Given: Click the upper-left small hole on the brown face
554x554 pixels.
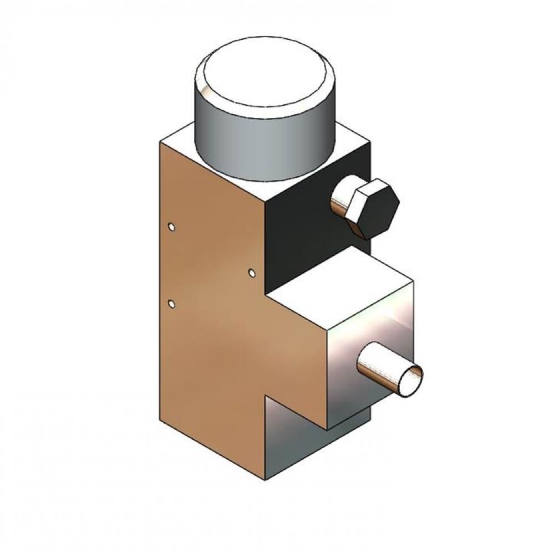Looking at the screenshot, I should [172, 227].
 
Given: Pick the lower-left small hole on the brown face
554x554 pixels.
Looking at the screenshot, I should [171, 304].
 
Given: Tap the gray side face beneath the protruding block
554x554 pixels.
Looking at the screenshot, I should [294, 438].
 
